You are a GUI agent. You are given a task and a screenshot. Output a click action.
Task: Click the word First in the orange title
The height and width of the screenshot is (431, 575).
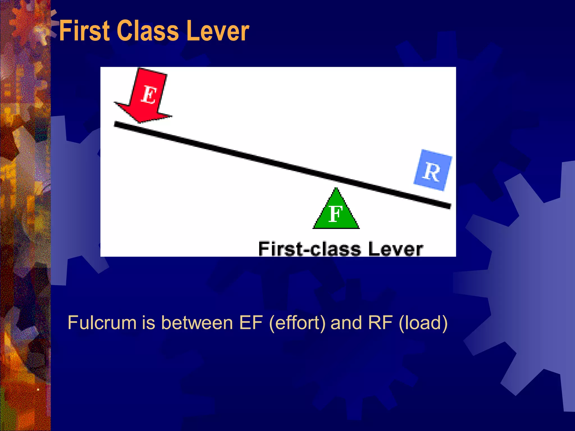85,31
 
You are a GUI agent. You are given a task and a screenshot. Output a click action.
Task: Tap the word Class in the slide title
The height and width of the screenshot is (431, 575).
147,31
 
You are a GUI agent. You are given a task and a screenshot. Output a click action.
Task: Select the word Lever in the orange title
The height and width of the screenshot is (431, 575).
217,31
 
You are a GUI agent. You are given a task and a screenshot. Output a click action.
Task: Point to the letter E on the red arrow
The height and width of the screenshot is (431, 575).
149,95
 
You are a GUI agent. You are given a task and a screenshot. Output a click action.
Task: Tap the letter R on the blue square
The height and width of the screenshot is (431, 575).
432,172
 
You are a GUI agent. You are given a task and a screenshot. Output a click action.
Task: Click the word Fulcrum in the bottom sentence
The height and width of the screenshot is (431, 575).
102,323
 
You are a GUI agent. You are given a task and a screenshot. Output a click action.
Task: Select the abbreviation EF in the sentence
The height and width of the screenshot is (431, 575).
251,323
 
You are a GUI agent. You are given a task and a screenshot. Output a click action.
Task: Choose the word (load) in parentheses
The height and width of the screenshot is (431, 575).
423,323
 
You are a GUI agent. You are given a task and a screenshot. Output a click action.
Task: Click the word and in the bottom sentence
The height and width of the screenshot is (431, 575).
346,323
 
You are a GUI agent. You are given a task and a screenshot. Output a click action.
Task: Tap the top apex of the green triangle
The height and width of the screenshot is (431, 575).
336,189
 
